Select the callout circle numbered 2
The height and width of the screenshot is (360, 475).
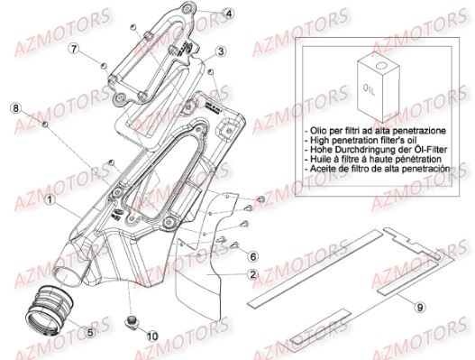point(254,273)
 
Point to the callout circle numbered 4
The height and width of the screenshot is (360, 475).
point(229,14)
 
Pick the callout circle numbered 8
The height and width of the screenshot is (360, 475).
point(14,108)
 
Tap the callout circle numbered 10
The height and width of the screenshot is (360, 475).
point(151,337)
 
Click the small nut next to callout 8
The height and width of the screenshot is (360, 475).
point(44,120)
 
